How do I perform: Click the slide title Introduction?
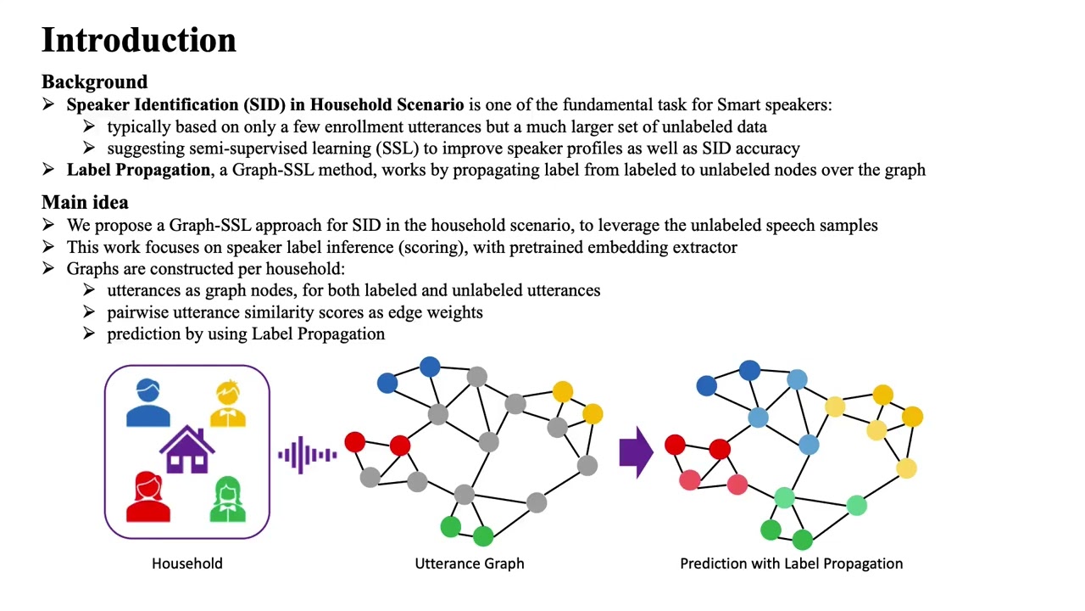click(x=138, y=41)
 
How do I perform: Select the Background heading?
click(x=94, y=82)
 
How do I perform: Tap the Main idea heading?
click(x=85, y=203)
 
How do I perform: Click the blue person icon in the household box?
click(x=148, y=403)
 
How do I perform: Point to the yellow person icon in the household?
click(x=227, y=404)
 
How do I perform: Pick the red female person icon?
click(x=148, y=496)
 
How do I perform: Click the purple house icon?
click(x=187, y=450)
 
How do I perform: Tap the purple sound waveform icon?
click(x=307, y=455)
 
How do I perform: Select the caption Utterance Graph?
click(x=469, y=563)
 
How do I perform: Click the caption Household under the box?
click(x=187, y=563)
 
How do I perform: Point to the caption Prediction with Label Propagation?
click(x=791, y=563)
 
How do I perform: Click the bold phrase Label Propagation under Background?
click(x=138, y=170)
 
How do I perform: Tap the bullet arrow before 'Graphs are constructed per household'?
click(x=48, y=269)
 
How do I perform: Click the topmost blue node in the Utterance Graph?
click(x=430, y=367)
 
